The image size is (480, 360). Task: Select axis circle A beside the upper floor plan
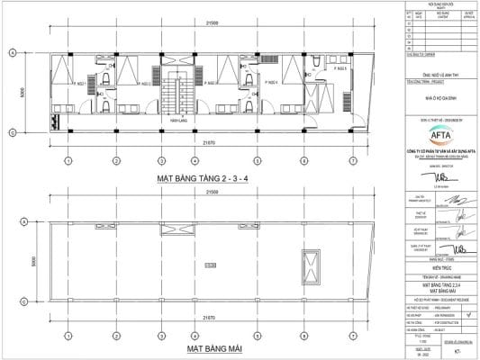click(12, 53)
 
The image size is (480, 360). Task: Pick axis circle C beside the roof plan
click(12, 297)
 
